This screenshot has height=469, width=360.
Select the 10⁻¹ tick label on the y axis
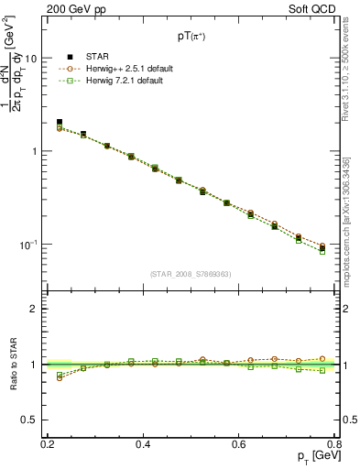coord(30,245)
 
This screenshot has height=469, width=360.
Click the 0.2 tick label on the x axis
coord(48,443)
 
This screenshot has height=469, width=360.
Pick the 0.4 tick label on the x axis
coord(143,443)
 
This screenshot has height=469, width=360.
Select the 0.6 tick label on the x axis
coord(239,443)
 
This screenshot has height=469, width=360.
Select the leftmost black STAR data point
coord(60,122)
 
